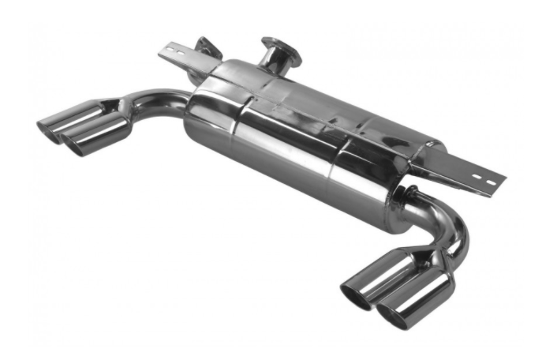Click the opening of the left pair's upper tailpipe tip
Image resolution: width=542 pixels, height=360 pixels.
49,129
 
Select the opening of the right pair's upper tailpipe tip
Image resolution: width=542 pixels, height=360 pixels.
355,294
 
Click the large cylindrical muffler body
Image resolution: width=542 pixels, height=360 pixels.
300,134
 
